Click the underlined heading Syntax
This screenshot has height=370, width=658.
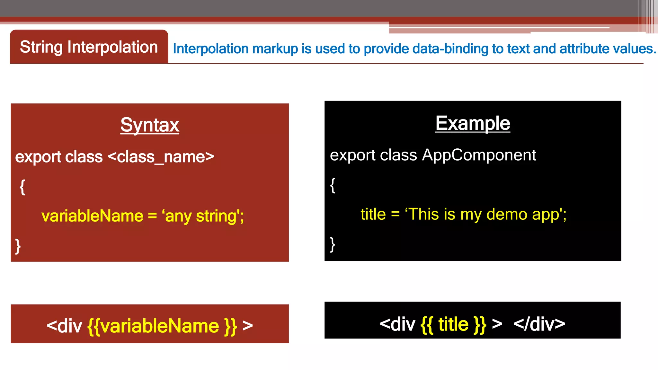tap(150, 125)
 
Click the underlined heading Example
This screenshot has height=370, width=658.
tap(473, 123)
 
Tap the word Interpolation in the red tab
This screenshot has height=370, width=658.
tap(112, 47)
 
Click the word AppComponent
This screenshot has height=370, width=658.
tap(479, 155)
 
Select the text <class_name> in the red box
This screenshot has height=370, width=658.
tap(161, 157)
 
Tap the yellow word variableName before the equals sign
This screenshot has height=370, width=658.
tap(92, 216)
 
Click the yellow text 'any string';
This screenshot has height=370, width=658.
tap(203, 216)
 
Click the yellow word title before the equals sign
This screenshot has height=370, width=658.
tap(373, 214)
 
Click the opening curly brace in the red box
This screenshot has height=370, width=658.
tap(22, 187)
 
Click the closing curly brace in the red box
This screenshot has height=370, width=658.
tap(18, 246)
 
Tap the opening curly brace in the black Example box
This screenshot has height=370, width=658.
tap(333, 185)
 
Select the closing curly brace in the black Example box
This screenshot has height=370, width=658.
tap(333, 244)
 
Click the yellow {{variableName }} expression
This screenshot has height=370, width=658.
tap(162, 326)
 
